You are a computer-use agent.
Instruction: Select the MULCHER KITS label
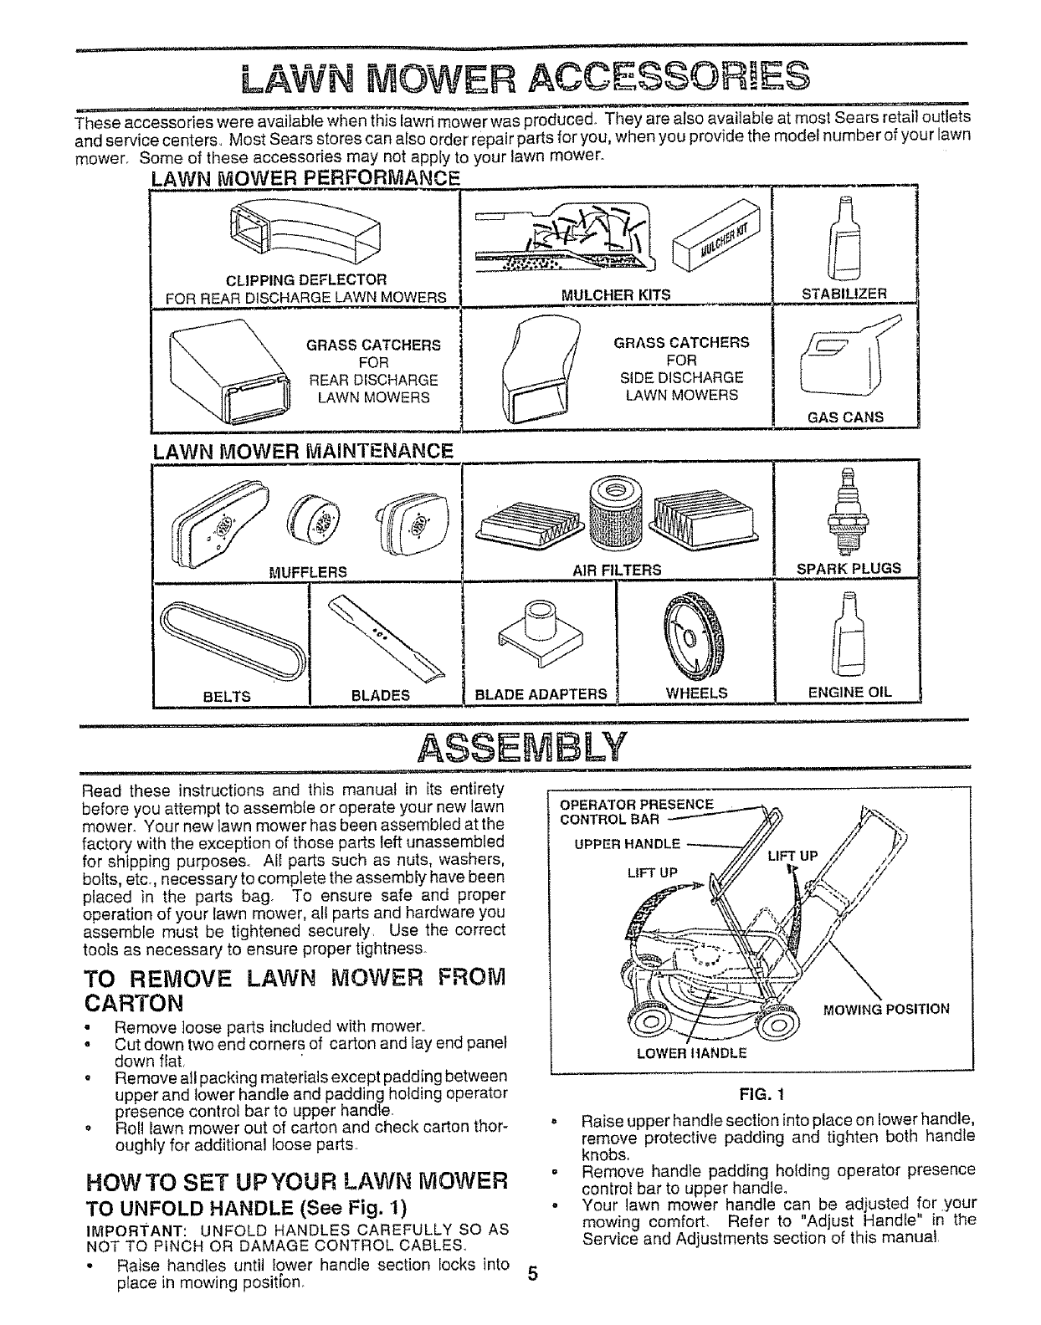(x=616, y=294)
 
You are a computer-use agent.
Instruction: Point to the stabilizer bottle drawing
(x=844, y=238)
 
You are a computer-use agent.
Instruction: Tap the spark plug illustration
(x=844, y=512)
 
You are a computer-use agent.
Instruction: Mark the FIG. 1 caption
(x=760, y=1092)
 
